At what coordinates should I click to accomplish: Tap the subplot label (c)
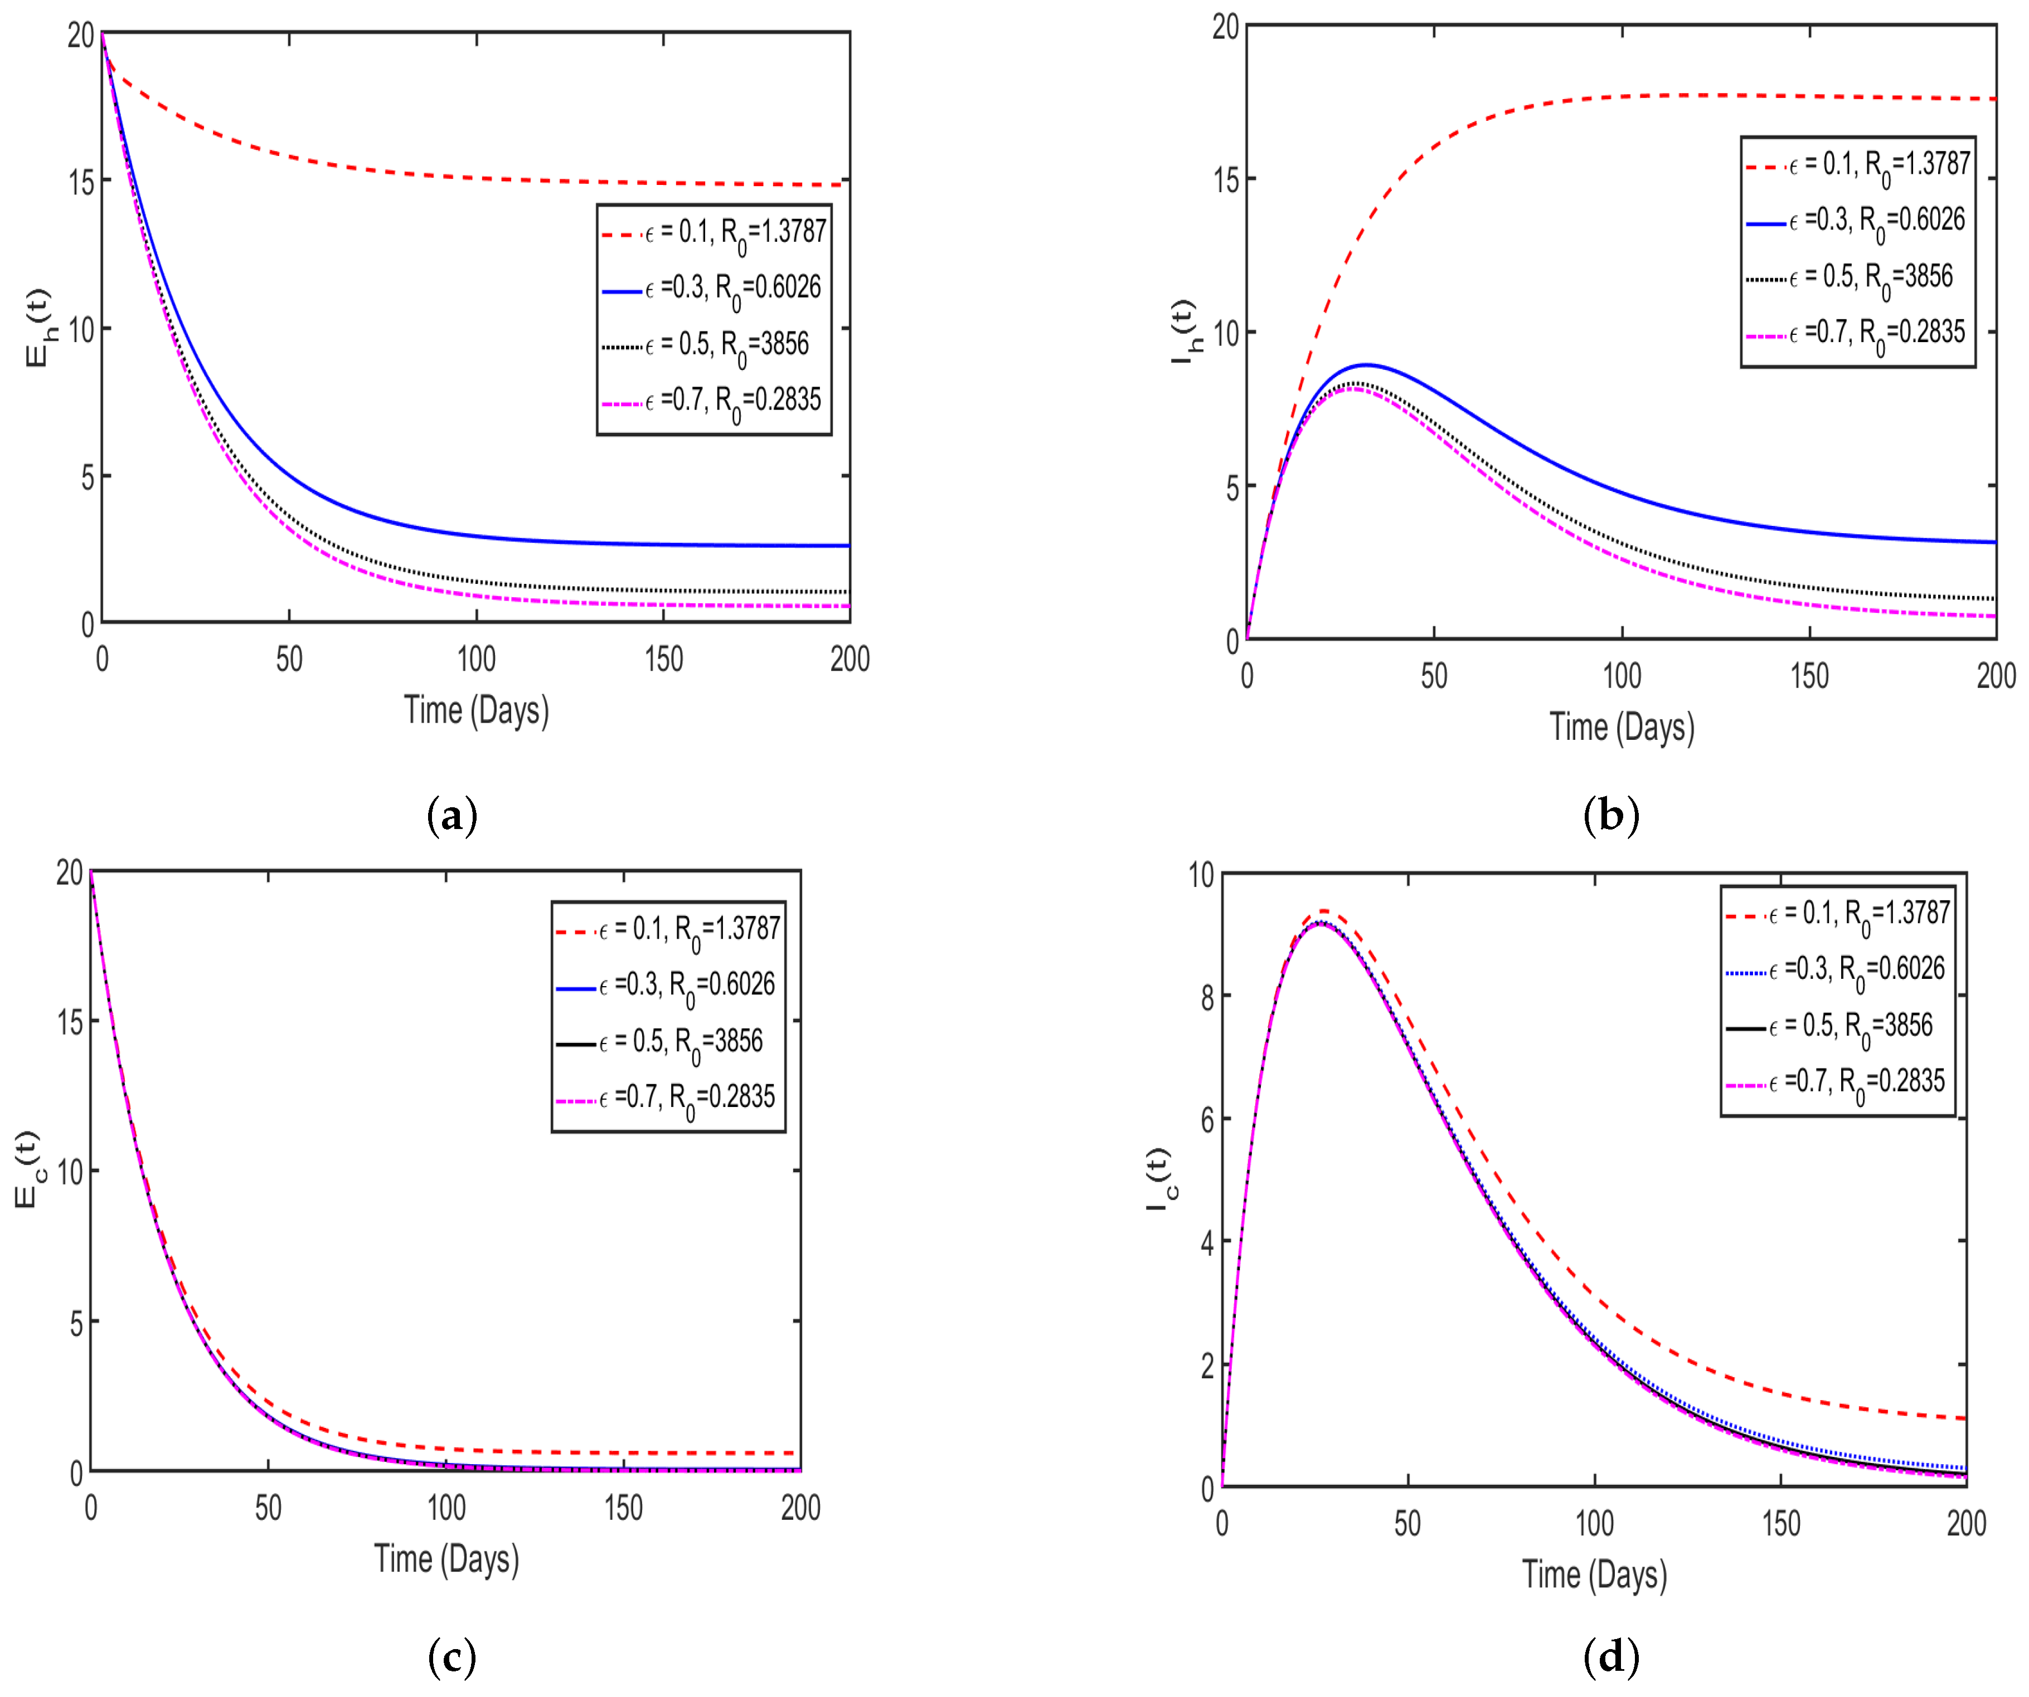point(451,1657)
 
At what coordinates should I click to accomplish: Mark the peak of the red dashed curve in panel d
point(1324,911)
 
